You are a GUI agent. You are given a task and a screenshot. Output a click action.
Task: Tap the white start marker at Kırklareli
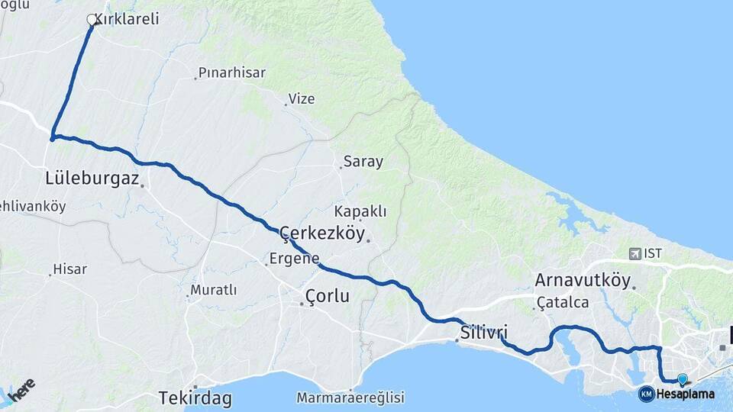pos(92,19)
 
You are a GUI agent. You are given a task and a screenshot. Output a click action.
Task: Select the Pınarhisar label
pos(232,73)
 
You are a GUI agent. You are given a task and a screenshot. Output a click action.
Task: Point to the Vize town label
pos(301,99)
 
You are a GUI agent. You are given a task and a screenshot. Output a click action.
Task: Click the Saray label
pos(363,162)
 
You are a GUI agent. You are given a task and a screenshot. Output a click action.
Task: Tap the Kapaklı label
pos(361,211)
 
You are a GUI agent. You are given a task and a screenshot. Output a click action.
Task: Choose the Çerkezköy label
pos(322,233)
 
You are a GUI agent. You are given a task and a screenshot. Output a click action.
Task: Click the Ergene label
pos(295,259)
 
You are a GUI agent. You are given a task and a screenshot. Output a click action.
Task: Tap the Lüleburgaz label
pos(92,179)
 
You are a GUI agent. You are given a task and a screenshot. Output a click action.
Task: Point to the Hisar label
pos(70,269)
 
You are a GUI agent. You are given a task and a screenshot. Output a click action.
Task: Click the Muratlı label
pos(214,290)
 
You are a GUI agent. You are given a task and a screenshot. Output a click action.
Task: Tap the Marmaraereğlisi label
pos(350,398)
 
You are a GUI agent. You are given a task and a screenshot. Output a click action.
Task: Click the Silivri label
pos(484,333)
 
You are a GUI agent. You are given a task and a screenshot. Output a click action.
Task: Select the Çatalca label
pos(563,303)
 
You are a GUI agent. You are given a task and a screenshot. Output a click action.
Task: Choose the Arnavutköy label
pos(583,280)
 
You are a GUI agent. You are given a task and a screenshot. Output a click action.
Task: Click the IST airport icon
pos(635,253)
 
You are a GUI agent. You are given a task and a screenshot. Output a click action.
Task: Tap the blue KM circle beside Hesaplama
pos(646,394)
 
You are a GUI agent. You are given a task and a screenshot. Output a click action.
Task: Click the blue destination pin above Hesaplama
pos(682,378)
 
